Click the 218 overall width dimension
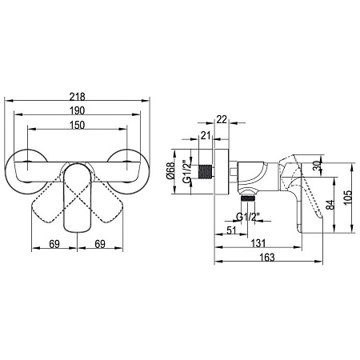77,96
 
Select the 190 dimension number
77,110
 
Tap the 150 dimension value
77,125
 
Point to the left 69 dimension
54,244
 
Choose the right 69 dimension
100,244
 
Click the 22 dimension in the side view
222,119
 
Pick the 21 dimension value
206,135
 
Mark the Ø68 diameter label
170,170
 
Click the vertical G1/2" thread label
187,171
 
